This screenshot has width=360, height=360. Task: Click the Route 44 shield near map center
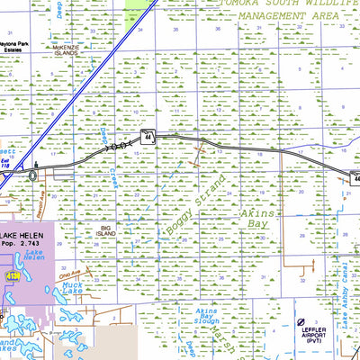tap(148, 137)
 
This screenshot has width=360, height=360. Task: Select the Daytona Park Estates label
tap(15, 46)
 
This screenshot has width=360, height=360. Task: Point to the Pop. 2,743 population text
tap(32, 243)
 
